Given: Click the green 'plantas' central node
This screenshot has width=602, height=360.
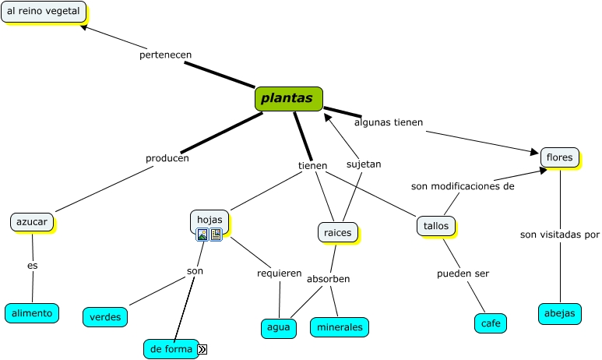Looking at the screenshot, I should (x=288, y=99).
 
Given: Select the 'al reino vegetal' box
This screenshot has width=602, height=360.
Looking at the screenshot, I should (x=44, y=12).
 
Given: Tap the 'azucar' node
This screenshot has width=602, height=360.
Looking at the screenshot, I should (x=32, y=222).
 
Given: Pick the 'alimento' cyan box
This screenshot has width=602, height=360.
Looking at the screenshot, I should (x=32, y=313).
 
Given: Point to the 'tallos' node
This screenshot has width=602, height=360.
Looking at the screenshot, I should (x=435, y=225).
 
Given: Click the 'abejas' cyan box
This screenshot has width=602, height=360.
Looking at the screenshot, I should (x=559, y=313).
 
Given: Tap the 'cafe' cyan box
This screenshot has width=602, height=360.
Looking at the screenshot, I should (x=491, y=323).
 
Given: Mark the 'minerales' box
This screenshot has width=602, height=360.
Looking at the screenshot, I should (x=339, y=327).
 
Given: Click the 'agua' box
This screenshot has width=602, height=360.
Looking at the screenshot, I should (x=278, y=328).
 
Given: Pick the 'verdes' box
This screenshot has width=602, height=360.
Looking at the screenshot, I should (x=104, y=317).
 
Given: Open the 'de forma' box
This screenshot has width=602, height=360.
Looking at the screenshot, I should (x=171, y=349).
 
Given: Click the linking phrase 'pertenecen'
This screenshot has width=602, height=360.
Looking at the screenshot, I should (x=165, y=55).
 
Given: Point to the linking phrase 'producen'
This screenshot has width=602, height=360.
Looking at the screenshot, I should (x=167, y=158).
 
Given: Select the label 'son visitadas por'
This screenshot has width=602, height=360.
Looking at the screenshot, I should (x=560, y=234).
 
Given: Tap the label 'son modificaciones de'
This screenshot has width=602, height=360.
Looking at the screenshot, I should (x=463, y=186).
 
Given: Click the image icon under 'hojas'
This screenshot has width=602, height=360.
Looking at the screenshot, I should (x=202, y=234).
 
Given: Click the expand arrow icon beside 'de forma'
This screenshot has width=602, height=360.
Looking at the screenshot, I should (x=202, y=350).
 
